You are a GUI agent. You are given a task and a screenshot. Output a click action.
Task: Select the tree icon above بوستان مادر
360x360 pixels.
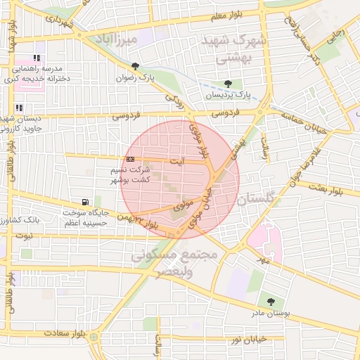(x=271, y=302)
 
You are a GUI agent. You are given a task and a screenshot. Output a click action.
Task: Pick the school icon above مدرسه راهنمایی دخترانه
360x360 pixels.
(x=37, y=58)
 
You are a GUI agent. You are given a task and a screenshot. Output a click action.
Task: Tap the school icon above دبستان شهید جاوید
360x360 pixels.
(x=18, y=108)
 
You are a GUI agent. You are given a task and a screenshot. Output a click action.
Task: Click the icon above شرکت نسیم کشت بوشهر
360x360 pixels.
(x=130, y=160)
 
